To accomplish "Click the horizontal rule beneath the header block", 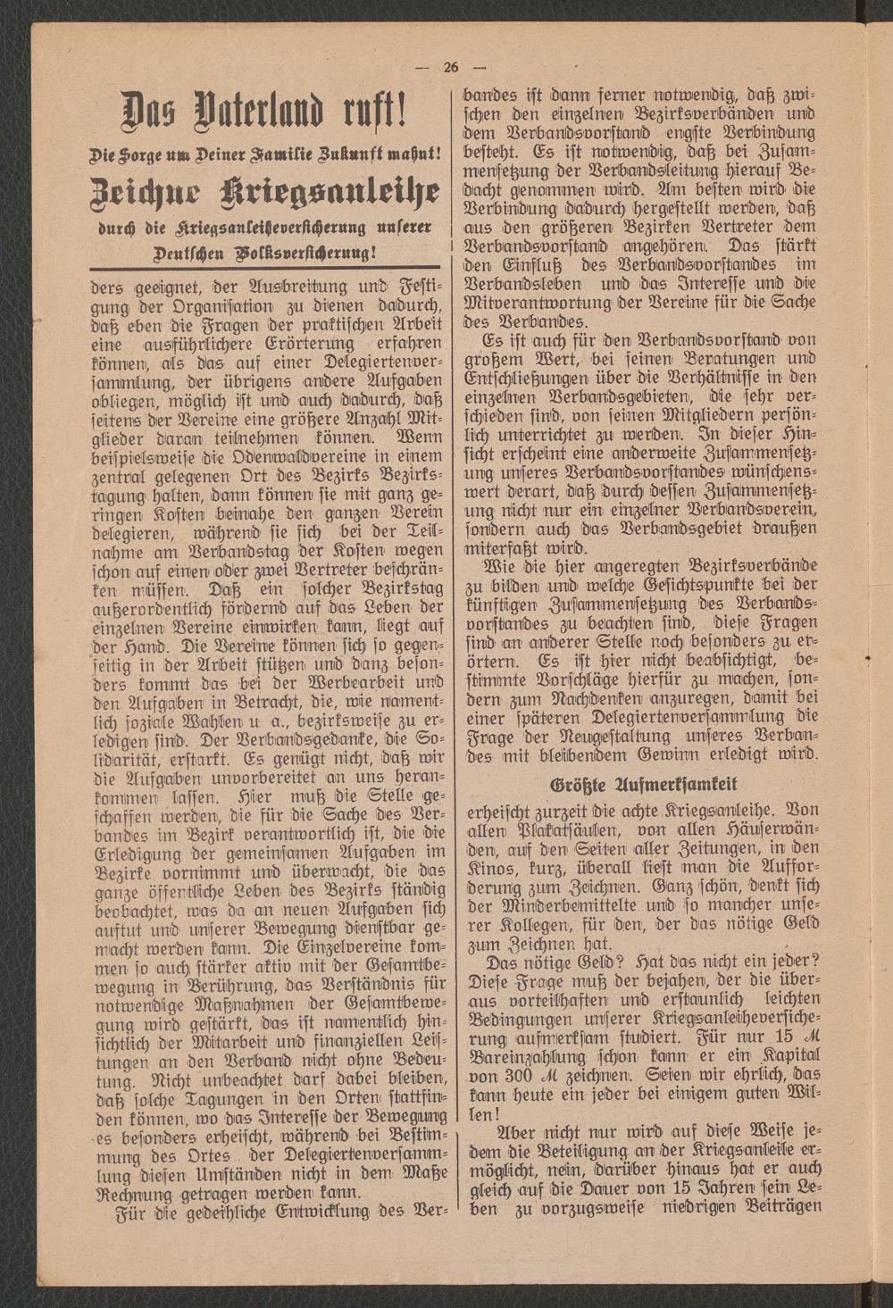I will coord(266,267).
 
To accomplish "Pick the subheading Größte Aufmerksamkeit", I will coord(641,785).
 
